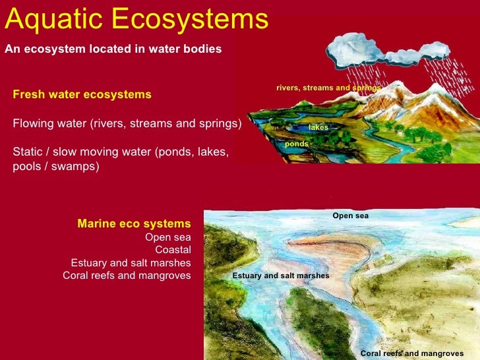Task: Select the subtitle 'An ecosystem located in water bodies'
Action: point(113,49)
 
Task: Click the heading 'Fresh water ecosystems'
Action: point(82,95)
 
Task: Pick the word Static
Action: point(28,152)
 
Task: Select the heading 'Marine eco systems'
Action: point(134,224)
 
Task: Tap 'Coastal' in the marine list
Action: point(173,250)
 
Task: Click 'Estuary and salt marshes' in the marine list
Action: point(131,262)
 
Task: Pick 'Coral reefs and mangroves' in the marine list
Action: point(127,276)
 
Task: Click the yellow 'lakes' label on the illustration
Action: point(318,127)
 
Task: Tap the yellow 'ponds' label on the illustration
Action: point(296,144)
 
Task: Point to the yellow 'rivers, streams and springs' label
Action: point(328,88)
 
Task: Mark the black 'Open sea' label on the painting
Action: point(350,216)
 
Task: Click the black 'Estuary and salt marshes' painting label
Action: point(280,276)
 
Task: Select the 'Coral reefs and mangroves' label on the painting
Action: point(411,353)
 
